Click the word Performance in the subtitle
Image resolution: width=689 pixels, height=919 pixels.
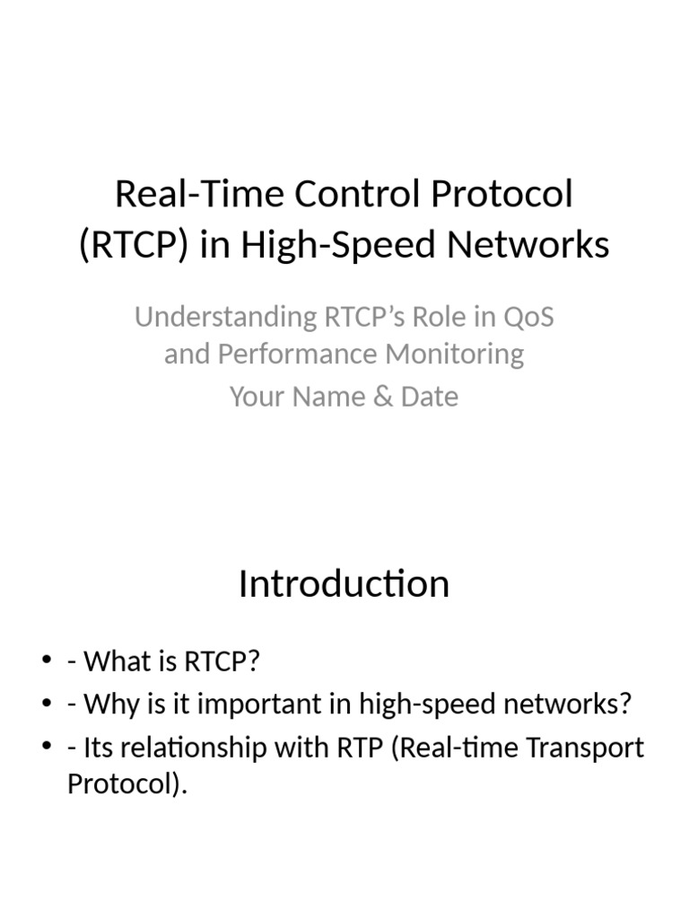click(297, 354)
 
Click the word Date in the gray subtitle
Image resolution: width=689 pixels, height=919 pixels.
click(430, 396)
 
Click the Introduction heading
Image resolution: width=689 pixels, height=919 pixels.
click(344, 584)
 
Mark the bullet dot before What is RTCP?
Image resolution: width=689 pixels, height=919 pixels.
click(47, 662)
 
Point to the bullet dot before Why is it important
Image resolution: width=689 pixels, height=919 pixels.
click(47, 705)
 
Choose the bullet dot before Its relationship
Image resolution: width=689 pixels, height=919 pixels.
click(47, 748)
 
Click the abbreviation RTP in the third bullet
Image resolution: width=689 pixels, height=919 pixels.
click(355, 748)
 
